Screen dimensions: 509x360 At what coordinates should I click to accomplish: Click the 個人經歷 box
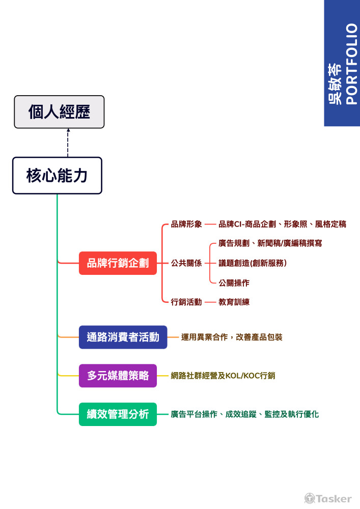(59, 112)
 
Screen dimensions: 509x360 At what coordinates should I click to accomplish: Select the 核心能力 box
(57, 176)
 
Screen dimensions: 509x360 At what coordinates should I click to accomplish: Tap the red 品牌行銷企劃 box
(118, 263)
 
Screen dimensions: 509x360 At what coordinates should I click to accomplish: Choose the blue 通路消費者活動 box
(123, 337)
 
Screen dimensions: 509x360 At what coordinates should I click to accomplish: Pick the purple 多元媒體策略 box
(118, 376)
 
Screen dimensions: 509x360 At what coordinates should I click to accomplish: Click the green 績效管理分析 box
(118, 414)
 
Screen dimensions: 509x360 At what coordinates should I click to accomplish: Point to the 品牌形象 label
(186, 224)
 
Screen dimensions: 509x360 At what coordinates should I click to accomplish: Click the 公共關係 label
(186, 263)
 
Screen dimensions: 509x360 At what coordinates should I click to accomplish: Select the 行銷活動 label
(186, 302)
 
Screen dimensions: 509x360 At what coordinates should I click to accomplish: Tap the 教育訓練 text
(234, 302)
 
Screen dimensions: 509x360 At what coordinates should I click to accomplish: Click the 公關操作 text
(234, 282)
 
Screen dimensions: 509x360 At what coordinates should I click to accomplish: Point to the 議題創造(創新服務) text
(253, 263)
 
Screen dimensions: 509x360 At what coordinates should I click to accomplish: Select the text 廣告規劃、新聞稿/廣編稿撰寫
(270, 243)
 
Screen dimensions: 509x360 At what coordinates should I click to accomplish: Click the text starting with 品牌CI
(282, 224)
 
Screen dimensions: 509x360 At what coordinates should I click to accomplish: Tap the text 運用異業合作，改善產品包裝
(232, 337)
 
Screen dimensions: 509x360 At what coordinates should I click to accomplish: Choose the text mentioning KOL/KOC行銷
(223, 376)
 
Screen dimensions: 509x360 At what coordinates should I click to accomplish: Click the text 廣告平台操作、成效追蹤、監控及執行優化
(245, 414)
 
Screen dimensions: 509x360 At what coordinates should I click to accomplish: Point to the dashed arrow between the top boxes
(68, 143)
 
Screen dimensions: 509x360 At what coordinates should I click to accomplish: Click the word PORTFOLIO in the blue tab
(351, 64)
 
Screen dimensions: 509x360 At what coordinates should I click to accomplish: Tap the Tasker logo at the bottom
(328, 498)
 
